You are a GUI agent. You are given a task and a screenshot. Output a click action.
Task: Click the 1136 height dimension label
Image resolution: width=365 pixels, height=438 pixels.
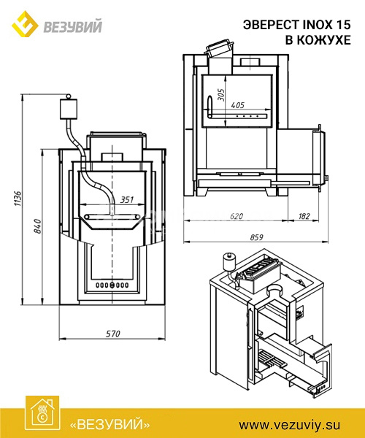[x=18, y=199]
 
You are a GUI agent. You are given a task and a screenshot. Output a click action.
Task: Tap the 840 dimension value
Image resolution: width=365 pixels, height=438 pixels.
[x=37, y=226]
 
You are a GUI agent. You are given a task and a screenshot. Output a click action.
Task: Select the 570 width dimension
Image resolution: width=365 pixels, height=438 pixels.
[x=113, y=334]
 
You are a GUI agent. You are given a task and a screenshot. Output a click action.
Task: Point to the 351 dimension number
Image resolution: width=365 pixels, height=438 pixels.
[x=127, y=200]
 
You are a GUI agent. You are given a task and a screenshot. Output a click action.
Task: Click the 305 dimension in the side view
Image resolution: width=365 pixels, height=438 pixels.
[x=220, y=95]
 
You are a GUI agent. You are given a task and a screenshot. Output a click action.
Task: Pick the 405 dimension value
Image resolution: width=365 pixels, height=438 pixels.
[x=238, y=105]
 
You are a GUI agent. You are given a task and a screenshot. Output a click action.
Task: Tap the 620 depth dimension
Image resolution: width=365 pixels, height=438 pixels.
[x=237, y=216]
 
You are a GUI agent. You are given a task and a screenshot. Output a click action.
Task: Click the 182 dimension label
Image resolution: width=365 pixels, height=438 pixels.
[x=304, y=216]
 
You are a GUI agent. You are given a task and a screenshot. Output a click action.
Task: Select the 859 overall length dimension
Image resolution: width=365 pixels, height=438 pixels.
[x=256, y=237]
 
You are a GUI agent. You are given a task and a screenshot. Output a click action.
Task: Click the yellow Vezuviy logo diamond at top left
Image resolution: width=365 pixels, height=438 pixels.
[x=25, y=24]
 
